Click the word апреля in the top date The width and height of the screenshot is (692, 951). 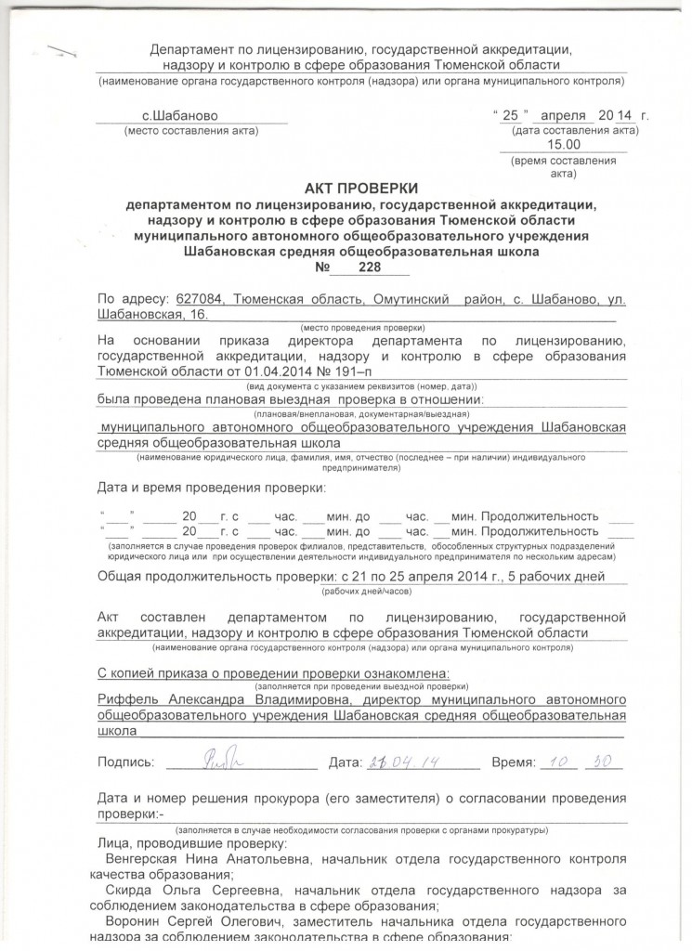[x=561, y=115]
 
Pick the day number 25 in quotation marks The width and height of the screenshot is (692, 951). [x=510, y=115]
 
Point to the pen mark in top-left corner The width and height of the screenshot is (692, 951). [x=62, y=53]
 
